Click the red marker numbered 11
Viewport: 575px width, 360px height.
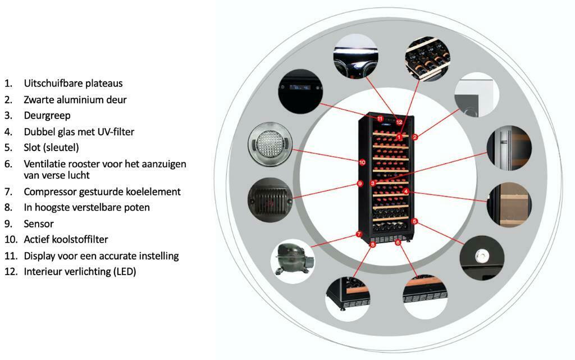point(380,119)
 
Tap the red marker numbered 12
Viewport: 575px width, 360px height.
point(399,122)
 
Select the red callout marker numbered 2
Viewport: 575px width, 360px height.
point(415,137)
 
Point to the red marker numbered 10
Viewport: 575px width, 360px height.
point(362,162)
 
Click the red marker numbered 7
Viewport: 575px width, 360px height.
point(359,234)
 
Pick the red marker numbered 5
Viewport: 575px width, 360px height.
point(414,221)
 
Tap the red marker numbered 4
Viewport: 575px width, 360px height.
point(405,192)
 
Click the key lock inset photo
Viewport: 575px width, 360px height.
point(482,258)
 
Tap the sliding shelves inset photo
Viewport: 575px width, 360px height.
point(428,58)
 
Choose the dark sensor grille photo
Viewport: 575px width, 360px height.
point(270,200)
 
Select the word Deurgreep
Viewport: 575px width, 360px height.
point(47,116)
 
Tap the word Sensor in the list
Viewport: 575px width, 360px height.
point(39,224)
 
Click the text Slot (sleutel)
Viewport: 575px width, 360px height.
point(51,148)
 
